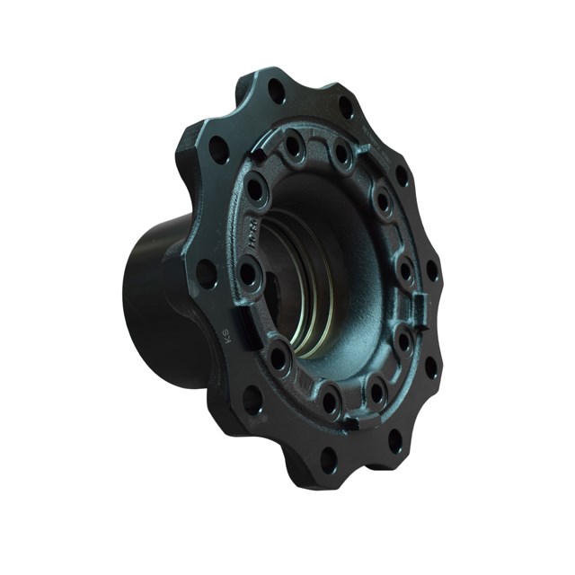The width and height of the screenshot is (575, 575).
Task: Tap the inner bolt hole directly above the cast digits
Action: (x=257, y=190)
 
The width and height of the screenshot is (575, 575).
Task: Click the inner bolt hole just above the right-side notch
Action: (x=406, y=270)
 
